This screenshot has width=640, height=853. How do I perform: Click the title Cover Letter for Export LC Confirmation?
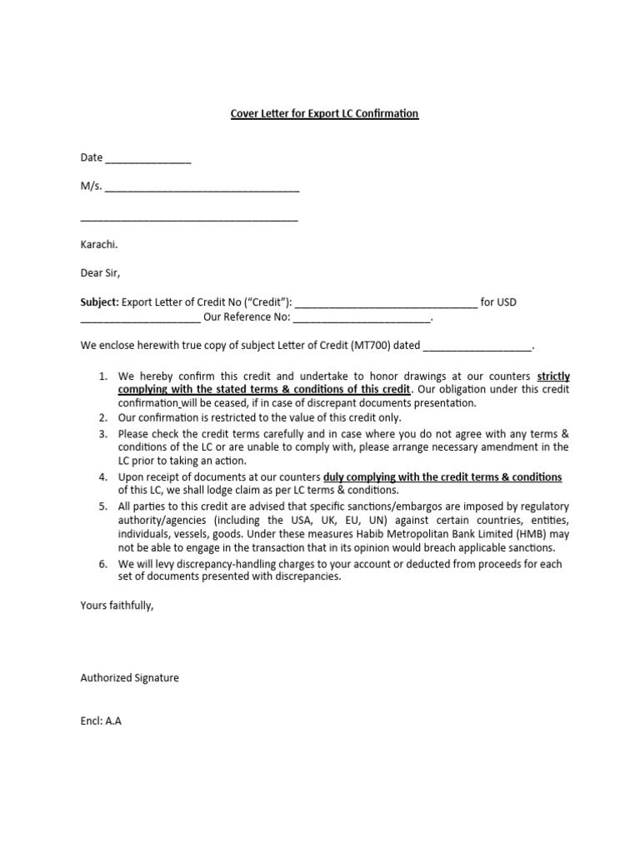[x=324, y=112]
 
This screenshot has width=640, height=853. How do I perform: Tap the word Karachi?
[x=98, y=244]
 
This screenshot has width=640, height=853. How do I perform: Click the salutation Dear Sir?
[x=101, y=273]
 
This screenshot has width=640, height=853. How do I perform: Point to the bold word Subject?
[x=98, y=302]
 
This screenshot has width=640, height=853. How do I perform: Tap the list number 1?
[x=102, y=377]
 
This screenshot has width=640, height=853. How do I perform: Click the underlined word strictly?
[x=553, y=377]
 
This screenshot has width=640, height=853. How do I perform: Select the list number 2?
[x=102, y=417]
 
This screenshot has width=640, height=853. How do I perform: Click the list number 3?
[x=102, y=434]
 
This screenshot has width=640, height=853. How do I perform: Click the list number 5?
[x=102, y=506]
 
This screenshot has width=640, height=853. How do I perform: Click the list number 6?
[x=102, y=564]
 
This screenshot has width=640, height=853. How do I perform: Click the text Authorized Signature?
[x=129, y=678]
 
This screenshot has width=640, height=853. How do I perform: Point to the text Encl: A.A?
[x=101, y=721]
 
